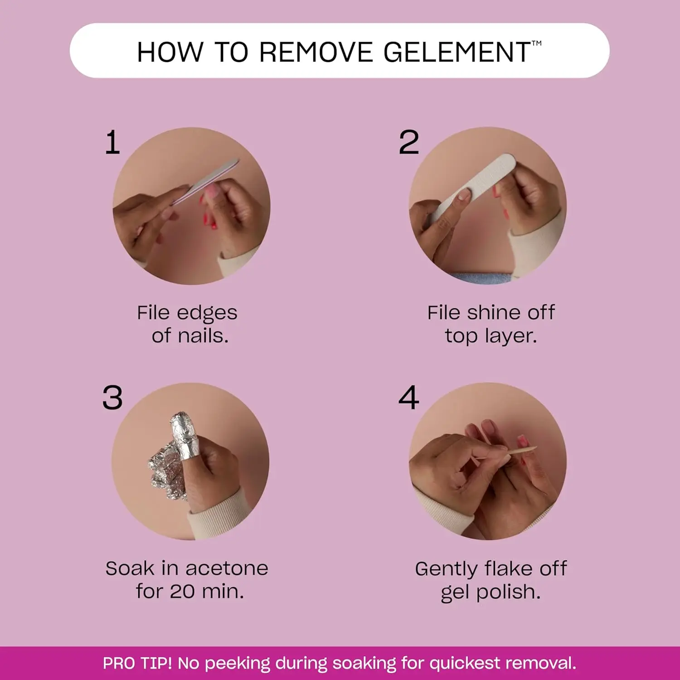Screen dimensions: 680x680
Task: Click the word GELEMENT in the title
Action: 457,52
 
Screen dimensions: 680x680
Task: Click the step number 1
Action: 112,143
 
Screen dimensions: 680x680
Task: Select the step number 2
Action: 408,143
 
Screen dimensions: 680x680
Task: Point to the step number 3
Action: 112,398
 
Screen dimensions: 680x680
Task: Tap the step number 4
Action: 408,398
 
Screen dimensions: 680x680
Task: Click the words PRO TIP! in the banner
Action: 137,663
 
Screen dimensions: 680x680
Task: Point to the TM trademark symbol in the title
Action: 536,44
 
